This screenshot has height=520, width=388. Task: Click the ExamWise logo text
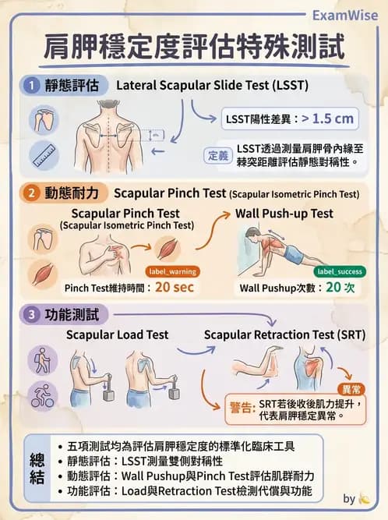(347, 14)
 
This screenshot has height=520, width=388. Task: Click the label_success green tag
(338, 271)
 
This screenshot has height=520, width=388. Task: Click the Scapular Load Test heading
(117, 335)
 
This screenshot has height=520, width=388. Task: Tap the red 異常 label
(352, 388)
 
